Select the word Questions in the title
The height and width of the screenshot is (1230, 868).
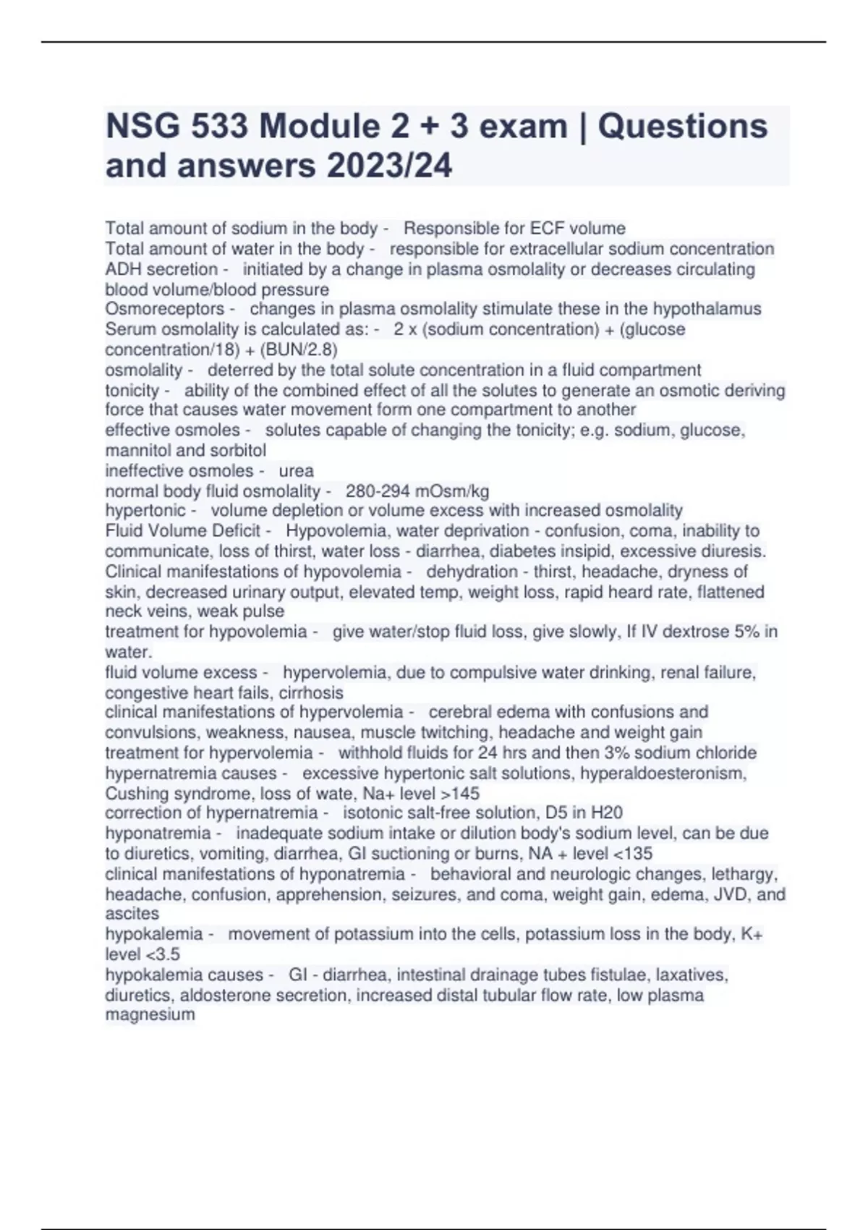click(682, 127)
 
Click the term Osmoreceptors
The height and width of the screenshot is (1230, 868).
click(164, 309)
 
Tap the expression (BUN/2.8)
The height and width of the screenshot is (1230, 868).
click(298, 349)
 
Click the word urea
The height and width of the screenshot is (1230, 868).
click(296, 470)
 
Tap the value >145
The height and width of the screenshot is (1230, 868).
click(459, 793)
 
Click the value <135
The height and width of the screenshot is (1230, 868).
click(631, 853)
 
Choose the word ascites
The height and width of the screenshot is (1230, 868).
click(132, 913)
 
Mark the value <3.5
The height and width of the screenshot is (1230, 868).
click(163, 954)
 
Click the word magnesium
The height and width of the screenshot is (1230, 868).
click(150, 1014)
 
